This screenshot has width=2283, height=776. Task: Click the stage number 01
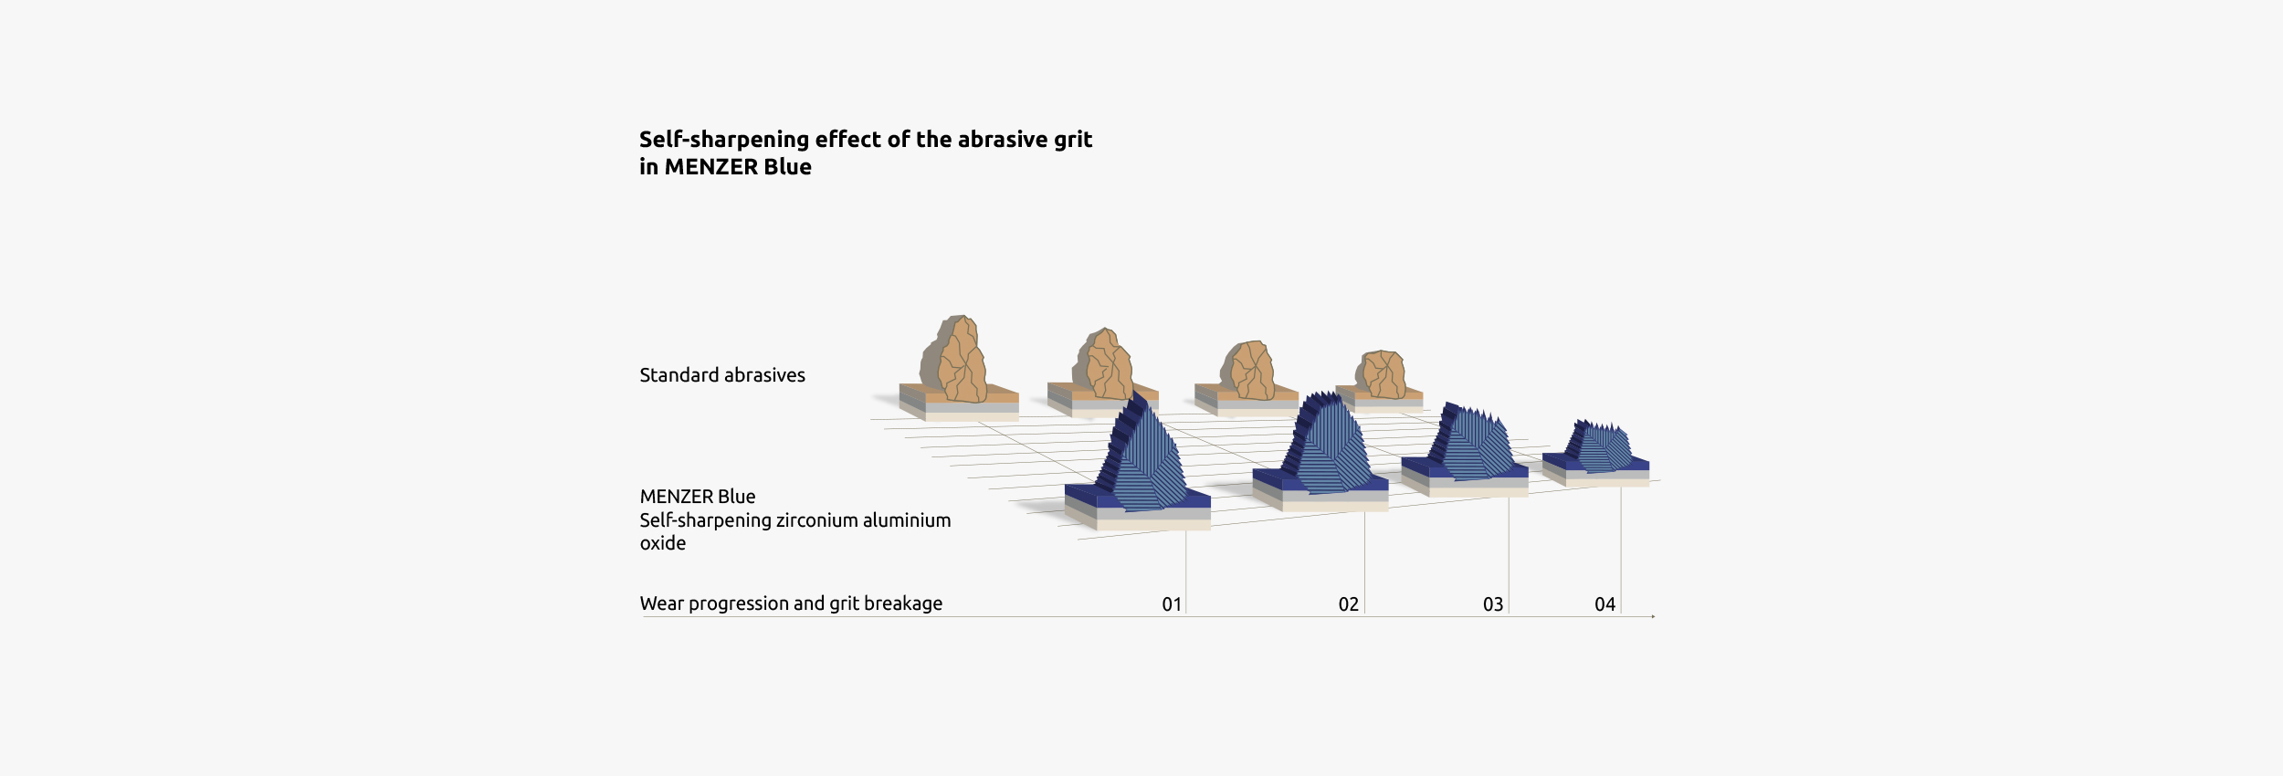[x=1172, y=604]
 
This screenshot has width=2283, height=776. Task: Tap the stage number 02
[x=1349, y=604]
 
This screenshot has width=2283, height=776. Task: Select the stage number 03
[x=1493, y=604]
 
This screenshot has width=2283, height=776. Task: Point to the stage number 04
[x=1605, y=604]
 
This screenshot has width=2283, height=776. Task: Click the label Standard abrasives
[x=722, y=375]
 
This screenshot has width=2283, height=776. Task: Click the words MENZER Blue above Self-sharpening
[x=698, y=497]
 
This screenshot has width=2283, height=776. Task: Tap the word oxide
[x=663, y=543]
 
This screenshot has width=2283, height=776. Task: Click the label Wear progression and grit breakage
[x=791, y=603]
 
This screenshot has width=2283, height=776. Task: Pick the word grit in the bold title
[x=1073, y=140]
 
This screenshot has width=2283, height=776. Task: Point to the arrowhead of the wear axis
[x=1653, y=616]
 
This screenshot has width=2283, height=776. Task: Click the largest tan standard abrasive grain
[x=954, y=360]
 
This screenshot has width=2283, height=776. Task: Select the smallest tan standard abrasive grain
[x=1381, y=374]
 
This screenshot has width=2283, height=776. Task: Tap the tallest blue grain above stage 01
[x=1143, y=453]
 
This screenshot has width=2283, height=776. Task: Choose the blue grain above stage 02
[x=1326, y=442]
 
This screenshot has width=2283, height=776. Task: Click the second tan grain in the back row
[x=1103, y=364]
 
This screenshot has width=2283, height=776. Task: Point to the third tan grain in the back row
[x=1247, y=371]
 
